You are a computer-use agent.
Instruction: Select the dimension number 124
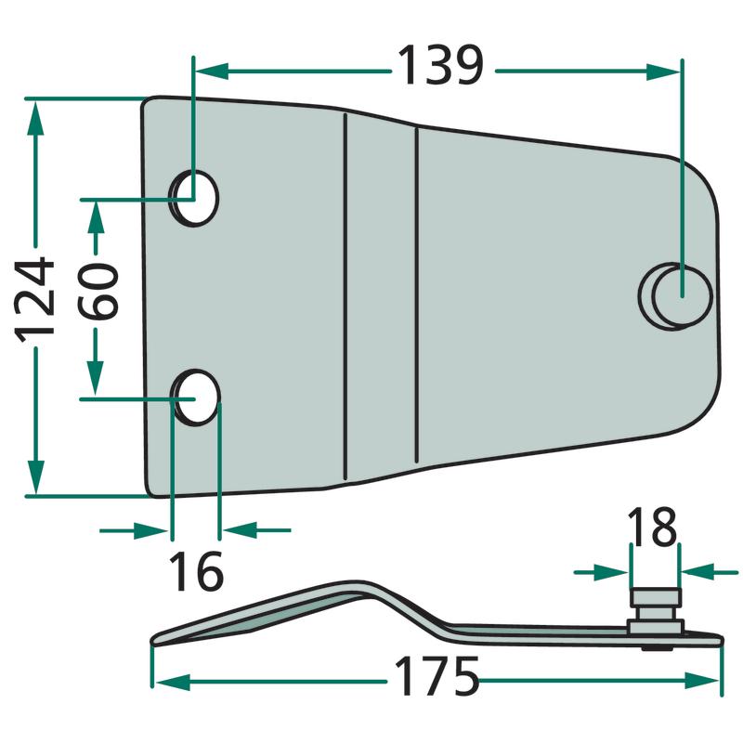tap(35, 299)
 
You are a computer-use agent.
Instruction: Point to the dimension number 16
tap(196, 570)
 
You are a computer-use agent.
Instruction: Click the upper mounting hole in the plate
tap(196, 197)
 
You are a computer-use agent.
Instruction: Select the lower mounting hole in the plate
tap(197, 398)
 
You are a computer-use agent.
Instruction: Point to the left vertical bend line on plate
tap(344, 297)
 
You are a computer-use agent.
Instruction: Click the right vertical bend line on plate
tap(416, 297)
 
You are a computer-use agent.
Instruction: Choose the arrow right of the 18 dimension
tap(696, 571)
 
